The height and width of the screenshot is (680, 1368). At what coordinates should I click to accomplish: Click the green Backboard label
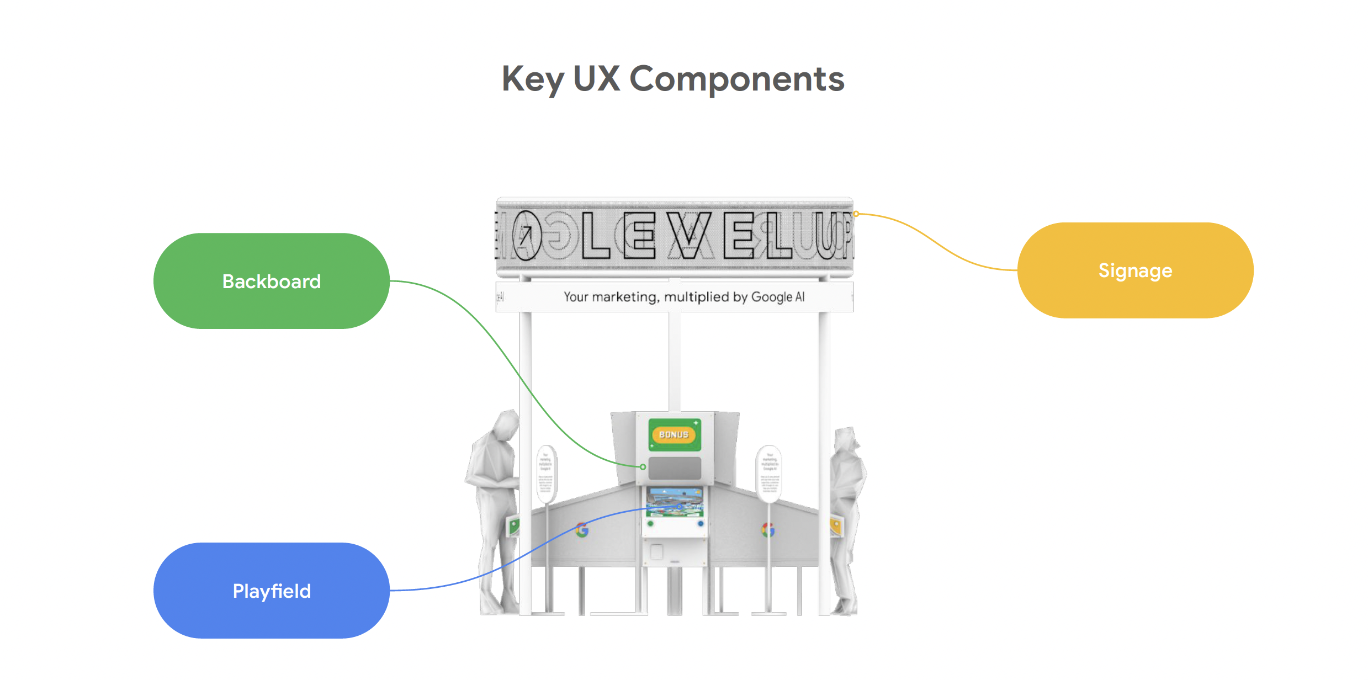coord(271,281)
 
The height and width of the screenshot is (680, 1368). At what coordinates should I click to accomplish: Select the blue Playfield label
coord(271,591)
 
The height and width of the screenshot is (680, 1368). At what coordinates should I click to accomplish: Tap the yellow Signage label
coord(1135,270)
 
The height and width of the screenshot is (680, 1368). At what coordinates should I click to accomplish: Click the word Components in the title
coord(736,79)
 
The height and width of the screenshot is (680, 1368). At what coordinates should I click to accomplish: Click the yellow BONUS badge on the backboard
coord(674,434)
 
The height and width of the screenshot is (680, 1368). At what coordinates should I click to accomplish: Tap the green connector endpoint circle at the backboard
coord(643,467)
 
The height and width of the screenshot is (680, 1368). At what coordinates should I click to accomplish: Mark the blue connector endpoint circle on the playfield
coord(679,506)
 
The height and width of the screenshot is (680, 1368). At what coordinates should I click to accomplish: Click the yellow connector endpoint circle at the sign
coord(856,214)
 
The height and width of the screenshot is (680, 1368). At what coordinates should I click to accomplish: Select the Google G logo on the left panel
coord(582,530)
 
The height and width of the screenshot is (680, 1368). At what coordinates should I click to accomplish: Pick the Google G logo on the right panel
coord(768,530)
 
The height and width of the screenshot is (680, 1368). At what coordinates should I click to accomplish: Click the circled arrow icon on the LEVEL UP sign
coord(526,235)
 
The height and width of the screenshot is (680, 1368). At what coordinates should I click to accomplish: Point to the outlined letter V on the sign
coord(688,235)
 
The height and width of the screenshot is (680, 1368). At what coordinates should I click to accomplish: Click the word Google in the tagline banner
coord(771,297)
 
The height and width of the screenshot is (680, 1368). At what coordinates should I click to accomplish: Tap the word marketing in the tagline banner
coord(624,297)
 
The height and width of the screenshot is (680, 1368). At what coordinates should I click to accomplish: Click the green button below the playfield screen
coord(650,523)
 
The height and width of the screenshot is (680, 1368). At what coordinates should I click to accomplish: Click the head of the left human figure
coord(507,425)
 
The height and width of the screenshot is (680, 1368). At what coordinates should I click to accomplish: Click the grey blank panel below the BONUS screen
coord(674,468)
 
